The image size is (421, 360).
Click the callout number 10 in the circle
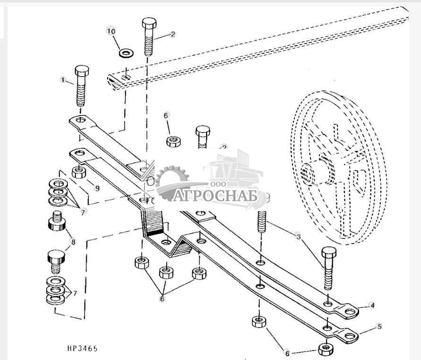(111, 31)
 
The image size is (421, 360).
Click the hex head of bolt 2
(147, 24)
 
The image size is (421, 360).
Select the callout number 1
(63, 80)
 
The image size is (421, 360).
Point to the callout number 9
(97, 188)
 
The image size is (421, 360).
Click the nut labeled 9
(78, 172)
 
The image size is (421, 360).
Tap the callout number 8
(73, 242)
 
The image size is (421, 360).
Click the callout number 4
(372, 306)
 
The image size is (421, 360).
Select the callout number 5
(379, 326)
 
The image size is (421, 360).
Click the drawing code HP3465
(82, 349)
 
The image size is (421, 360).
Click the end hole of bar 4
(349, 312)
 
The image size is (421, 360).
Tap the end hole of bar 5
(349, 335)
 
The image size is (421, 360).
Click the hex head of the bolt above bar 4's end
(329, 253)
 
